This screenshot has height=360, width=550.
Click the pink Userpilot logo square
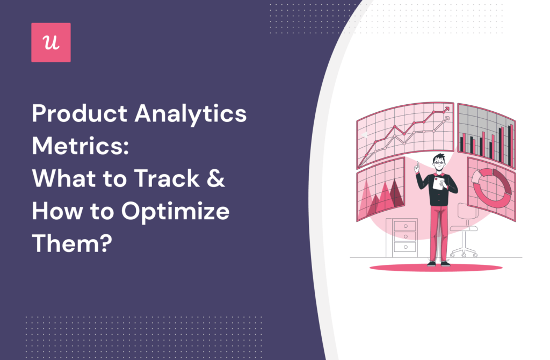click(51, 42)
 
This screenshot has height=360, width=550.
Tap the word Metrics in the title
click(76, 147)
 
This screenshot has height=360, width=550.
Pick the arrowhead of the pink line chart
click(446, 109)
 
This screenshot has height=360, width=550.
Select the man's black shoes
click(437, 263)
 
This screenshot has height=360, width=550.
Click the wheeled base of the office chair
click(464, 251)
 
